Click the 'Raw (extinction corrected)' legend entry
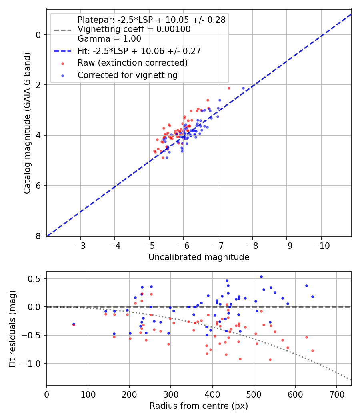click(x=132, y=63)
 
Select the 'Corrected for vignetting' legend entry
click(x=128, y=75)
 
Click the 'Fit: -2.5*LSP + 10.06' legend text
click(x=139, y=51)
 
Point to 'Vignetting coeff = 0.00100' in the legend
click(x=134, y=29)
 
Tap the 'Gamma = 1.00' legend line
click(x=109, y=39)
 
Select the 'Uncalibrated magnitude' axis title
click(x=199, y=257)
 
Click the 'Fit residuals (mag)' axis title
click(x=13, y=328)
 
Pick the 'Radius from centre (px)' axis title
click(x=199, y=406)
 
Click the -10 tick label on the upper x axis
click(x=321, y=244)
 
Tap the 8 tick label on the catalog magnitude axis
click(x=39, y=236)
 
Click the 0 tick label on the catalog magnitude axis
click(x=39, y=35)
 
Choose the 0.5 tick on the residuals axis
click(x=36, y=279)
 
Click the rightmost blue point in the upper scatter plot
click(x=243, y=88)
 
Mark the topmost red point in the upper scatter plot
click(x=229, y=88)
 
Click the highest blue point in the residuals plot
click(x=261, y=276)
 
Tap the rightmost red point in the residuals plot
click(x=312, y=350)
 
